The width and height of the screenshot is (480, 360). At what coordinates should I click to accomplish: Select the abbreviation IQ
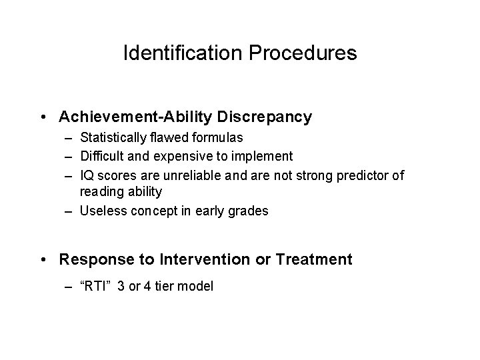click(x=87, y=175)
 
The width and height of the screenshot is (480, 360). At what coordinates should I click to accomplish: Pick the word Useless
click(x=100, y=211)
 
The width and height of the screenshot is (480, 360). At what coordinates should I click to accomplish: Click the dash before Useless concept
click(x=69, y=211)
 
